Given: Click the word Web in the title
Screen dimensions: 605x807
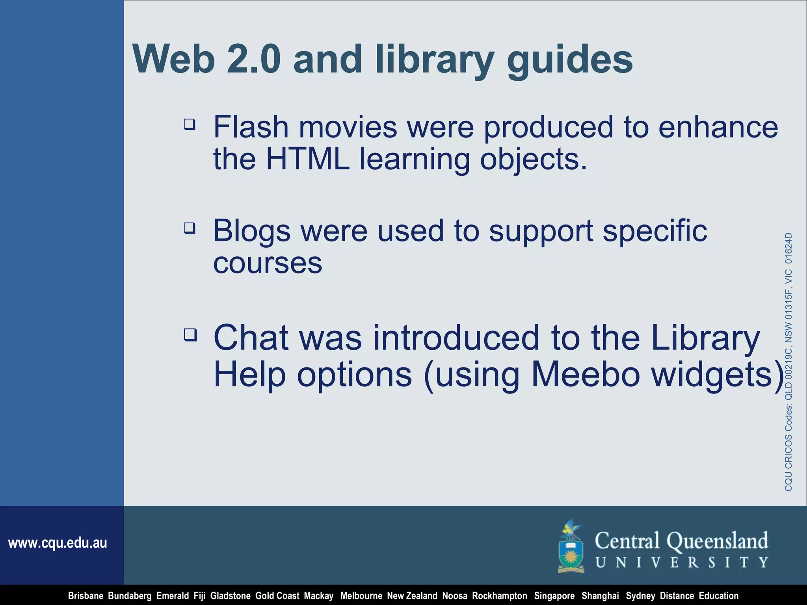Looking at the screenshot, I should pos(174,59).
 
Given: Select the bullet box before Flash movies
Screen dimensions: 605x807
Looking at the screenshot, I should pos(190,124).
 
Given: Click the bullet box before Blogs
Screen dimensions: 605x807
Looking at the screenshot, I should pos(190,228).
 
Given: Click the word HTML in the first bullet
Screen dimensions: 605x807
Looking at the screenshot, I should pos(308,159).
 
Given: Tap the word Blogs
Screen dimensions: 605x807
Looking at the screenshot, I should pos(252,232).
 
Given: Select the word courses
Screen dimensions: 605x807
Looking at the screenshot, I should pos(268,263).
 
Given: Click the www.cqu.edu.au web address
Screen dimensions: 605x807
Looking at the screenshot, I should pos(58,543).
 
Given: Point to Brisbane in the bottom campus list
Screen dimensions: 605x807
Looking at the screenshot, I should pos(86,596).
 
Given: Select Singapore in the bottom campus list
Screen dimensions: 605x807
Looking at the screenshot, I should pos(554,596).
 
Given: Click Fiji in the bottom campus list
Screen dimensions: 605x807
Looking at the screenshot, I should pos(199,596).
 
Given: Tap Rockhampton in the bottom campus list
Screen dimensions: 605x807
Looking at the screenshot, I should pos(499,596).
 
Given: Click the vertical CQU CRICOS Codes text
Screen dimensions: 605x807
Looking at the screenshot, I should pos(788,362).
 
